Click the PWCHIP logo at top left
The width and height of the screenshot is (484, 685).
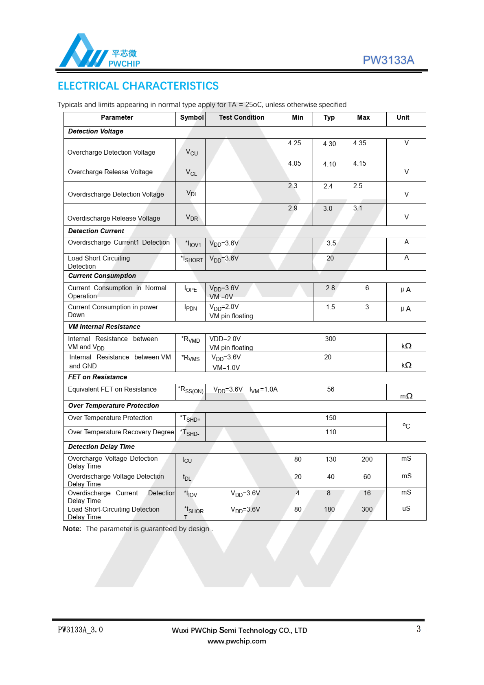click(x=99, y=51)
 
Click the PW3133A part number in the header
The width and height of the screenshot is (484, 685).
click(x=388, y=60)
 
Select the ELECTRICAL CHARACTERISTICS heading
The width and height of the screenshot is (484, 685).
click(x=138, y=86)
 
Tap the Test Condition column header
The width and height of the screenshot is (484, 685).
click(x=241, y=118)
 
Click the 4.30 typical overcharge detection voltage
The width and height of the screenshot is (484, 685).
click(x=329, y=144)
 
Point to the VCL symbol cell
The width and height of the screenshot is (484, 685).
click(x=191, y=173)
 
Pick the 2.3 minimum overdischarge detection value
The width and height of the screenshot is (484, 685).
click(x=293, y=186)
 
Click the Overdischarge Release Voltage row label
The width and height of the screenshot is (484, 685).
click(x=114, y=219)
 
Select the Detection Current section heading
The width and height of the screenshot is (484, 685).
click(x=96, y=231)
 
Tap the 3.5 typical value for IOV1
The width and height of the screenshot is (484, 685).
click(x=331, y=243)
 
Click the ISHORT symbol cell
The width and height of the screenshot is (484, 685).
click(x=192, y=259)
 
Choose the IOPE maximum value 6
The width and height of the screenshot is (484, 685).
click(x=367, y=288)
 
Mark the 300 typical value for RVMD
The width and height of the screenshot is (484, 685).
click(x=330, y=339)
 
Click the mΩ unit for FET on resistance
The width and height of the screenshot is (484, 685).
click(x=406, y=396)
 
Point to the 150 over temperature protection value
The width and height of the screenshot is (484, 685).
click(x=331, y=418)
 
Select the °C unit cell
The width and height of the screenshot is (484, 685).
click(x=406, y=426)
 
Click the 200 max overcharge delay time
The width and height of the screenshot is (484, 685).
click(x=367, y=460)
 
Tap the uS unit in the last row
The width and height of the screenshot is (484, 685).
click(x=406, y=509)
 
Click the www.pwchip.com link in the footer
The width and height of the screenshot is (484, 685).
click(x=237, y=641)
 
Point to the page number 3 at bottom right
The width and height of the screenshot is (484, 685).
click(x=418, y=629)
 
